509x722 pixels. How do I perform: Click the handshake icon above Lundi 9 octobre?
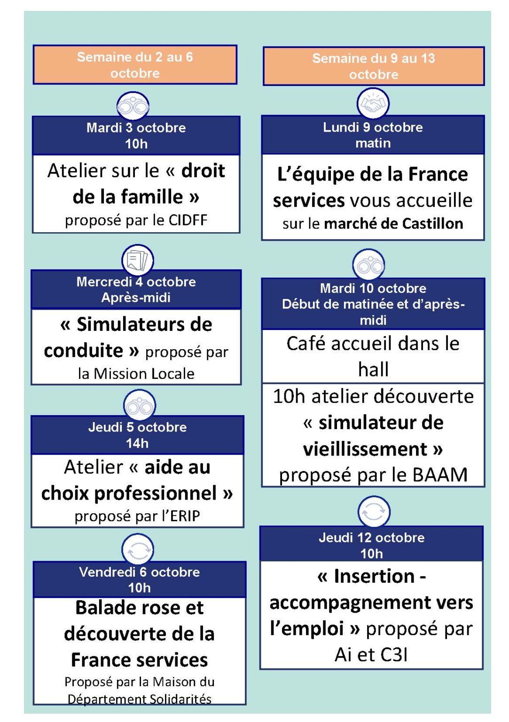click(373, 103)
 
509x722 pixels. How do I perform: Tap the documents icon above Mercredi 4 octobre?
click(138, 260)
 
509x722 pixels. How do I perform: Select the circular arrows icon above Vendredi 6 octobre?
click(138, 549)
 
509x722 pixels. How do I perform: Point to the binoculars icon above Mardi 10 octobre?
click(369, 265)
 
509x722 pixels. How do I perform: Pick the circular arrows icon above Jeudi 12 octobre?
click(374, 511)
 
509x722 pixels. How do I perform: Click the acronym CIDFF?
click(188, 220)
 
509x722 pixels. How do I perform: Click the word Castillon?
click(432, 223)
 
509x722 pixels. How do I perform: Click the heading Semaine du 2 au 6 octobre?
click(135, 65)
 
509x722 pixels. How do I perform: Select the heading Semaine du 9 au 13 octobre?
click(374, 66)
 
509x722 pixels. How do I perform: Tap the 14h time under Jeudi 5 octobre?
click(137, 444)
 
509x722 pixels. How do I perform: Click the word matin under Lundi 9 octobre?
click(373, 143)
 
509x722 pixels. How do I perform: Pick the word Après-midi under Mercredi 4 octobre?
click(136, 297)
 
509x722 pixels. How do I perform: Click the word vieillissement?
click(365, 449)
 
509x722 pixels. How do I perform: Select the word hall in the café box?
click(373, 369)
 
